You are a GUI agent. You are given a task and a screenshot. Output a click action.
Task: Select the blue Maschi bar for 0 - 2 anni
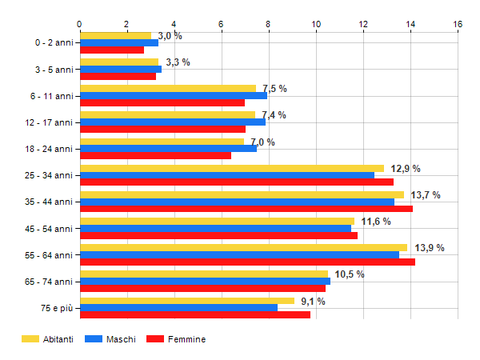coord(118,42)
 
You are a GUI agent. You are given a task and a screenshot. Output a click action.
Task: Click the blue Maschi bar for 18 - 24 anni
coord(168,148)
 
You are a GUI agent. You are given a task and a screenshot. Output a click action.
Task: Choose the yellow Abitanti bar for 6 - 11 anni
coord(167,89)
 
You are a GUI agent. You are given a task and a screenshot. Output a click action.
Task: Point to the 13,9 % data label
coord(429,248)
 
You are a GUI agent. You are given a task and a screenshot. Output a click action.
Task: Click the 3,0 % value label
coord(170,36)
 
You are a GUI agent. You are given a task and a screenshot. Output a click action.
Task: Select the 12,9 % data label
coord(405,169)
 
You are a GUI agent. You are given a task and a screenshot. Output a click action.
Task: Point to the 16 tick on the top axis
coord(458,25)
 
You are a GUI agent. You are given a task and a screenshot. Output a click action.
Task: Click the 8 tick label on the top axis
coord(269,25)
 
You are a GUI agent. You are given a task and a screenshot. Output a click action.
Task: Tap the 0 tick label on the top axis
coord(80,25)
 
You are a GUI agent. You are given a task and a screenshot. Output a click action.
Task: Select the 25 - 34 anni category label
coord(49,175)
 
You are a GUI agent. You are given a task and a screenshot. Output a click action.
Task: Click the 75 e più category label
coord(56,307)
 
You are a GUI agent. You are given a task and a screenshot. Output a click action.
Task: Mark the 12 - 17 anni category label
coord(49,122)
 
